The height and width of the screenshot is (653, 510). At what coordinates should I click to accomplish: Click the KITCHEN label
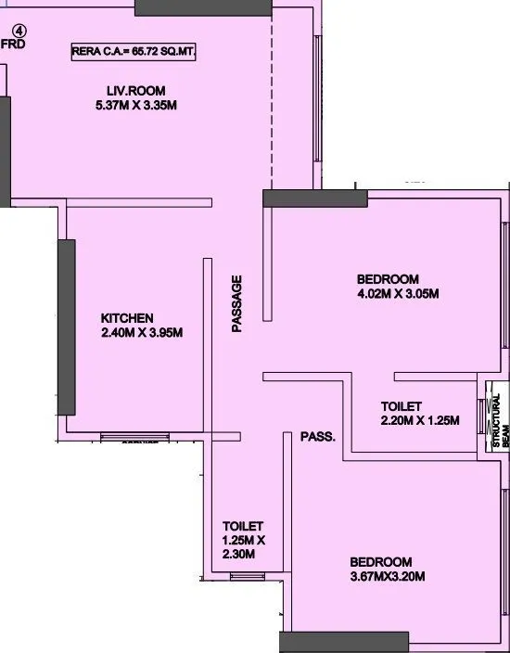coord(128,318)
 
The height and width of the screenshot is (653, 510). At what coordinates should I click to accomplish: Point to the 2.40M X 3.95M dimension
coord(142,333)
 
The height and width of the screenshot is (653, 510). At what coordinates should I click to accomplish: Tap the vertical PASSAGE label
coord(237,303)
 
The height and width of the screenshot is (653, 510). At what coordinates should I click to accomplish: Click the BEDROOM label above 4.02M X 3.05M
coord(388,279)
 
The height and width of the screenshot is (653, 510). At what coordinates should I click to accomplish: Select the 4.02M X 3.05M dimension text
coord(397,295)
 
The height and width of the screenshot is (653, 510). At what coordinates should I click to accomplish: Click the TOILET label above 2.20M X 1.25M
coord(402,406)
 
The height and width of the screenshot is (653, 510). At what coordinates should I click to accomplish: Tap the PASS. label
coord(317,436)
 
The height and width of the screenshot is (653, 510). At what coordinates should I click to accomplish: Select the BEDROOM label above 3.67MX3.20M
coord(380,562)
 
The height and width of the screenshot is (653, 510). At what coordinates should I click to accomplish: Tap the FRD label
coord(13,43)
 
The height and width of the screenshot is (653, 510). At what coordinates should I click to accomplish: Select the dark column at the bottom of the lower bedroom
coord(344,641)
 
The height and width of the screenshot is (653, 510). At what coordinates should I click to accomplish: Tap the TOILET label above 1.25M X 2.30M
coord(243,526)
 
